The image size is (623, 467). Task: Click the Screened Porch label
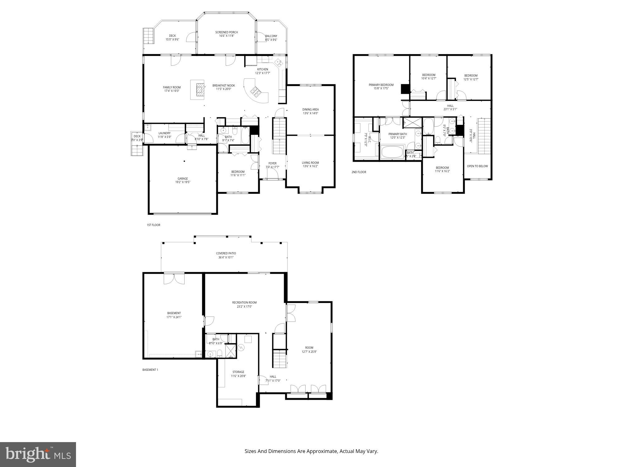point(226,32)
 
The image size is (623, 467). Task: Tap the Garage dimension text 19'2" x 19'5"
point(183,182)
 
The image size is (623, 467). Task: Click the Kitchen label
point(262,69)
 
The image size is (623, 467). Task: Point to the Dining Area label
point(310,110)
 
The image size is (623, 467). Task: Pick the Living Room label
point(310,163)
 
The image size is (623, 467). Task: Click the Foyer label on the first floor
point(272,163)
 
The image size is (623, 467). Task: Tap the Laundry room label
point(164,133)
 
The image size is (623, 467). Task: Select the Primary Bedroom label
point(381,85)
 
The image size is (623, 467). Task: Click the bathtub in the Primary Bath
point(392,152)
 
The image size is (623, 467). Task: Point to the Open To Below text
point(477,166)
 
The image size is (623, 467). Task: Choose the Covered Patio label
point(226,253)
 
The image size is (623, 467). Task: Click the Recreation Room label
point(244,303)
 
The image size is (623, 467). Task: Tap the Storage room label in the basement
point(238,372)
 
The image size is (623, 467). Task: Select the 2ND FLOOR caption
point(359,172)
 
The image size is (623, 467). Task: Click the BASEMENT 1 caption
point(150,370)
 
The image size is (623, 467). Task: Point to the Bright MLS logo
point(38,454)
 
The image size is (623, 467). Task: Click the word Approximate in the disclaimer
point(322,451)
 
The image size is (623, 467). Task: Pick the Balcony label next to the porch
point(271,36)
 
